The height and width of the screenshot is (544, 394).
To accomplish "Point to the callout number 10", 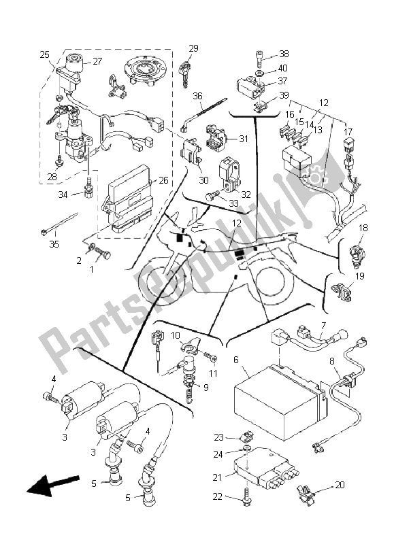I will pos(176,335).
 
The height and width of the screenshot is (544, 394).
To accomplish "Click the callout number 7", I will pos(323,325).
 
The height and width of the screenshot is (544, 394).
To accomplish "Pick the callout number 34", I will pos(62,194).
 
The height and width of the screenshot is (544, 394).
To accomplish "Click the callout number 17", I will pos(349,132).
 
